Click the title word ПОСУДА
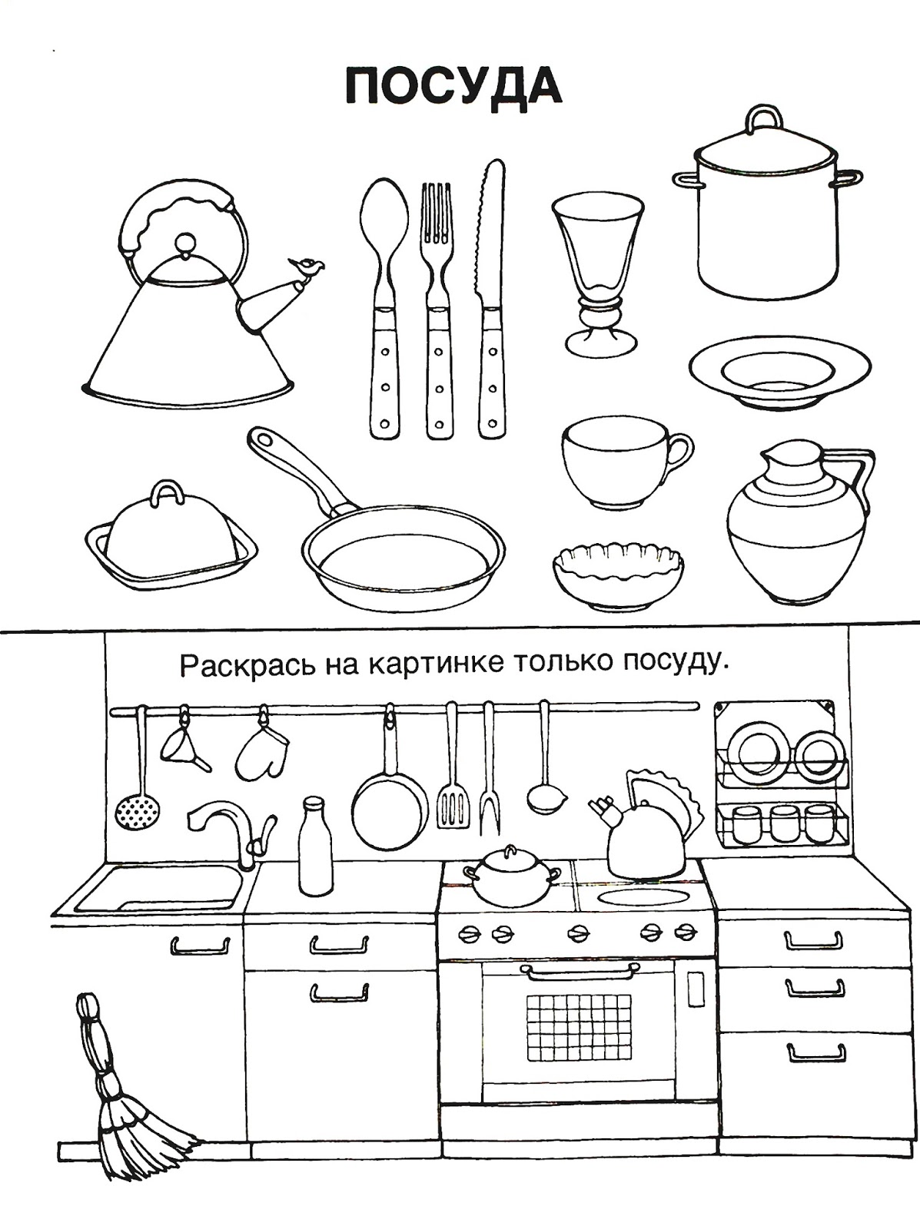[x=453, y=87]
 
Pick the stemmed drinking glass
[x=597, y=274]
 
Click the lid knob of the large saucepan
[x=763, y=119]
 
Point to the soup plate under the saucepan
[x=780, y=371]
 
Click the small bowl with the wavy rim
[x=619, y=575]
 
